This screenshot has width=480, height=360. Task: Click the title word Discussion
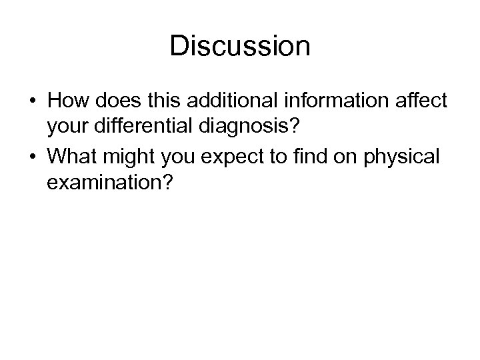point(240,47)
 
